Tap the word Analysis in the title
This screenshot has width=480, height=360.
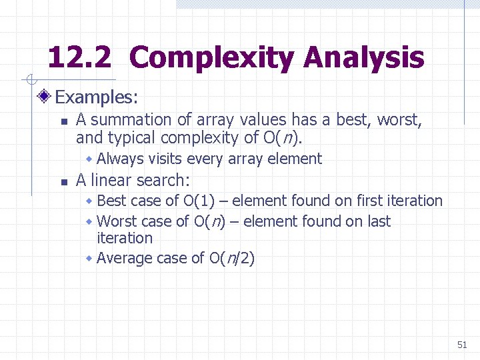[364, 58]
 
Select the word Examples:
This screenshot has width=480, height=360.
[97, 97]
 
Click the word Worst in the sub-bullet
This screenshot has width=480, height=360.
[116, 221]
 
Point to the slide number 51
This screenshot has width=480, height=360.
[462, 345]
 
